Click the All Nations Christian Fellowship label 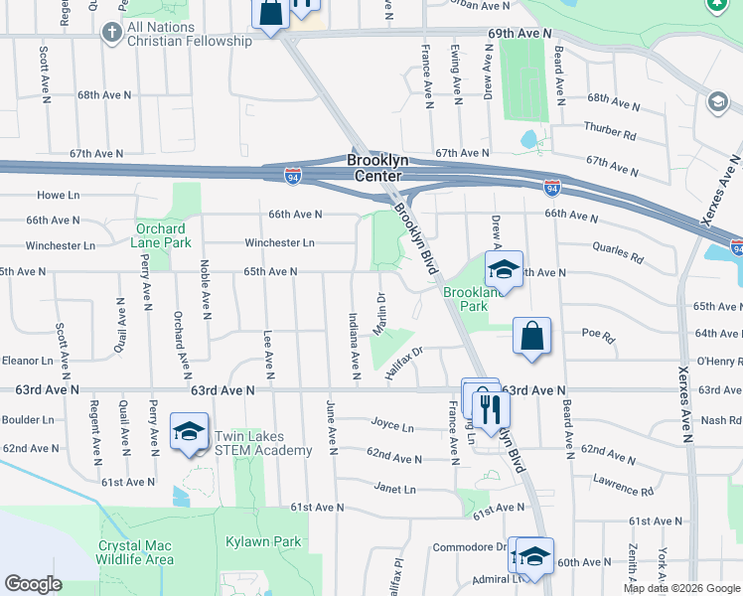pos(189,34)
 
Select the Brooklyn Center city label pos(378,167)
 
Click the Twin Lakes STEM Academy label pos(266,443)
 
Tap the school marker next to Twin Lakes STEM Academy pos(189,433)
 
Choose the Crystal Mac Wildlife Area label pos(135,552)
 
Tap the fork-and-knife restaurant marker pos(490,408)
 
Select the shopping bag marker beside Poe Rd pos(532,336)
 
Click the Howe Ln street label pos(58,195)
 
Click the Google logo pos(34,583)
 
